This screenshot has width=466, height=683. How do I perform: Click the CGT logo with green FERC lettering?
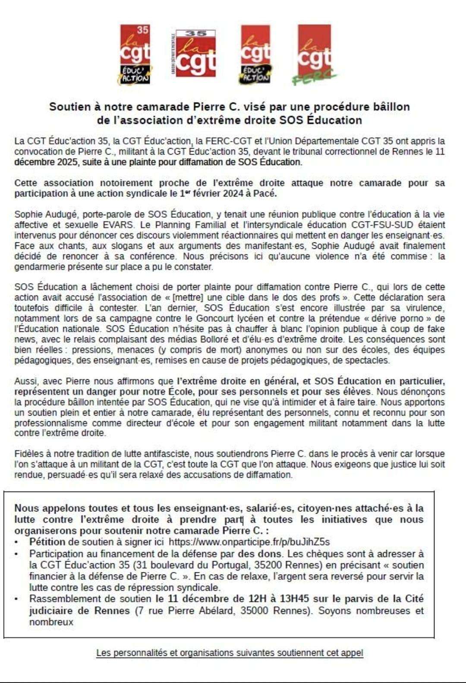pos(315,54)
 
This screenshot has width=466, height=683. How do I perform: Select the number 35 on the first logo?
pos(143,30)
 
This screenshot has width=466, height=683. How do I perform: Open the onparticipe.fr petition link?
pos(249,542)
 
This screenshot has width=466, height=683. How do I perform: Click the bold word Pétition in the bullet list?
pos(47,542)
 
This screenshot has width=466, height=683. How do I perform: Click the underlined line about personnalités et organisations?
pos(230,652)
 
